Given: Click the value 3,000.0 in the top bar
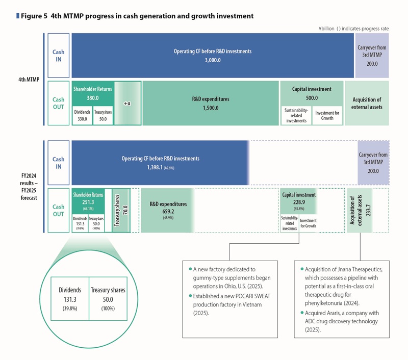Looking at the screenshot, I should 212,60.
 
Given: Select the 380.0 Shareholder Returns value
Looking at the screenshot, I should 92,98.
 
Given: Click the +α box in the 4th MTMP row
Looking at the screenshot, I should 127,103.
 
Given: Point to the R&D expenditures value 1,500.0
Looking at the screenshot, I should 210,108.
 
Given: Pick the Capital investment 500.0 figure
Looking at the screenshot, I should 312,98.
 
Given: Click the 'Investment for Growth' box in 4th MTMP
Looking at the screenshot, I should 327,115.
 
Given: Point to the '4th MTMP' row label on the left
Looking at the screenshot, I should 29,80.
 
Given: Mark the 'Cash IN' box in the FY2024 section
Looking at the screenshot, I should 59,163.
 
